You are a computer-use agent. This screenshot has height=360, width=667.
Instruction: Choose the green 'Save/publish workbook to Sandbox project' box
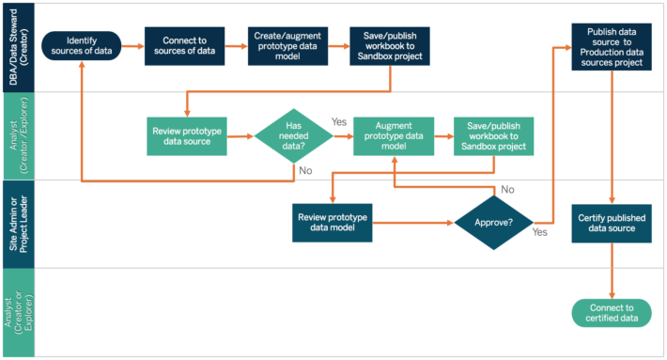493,136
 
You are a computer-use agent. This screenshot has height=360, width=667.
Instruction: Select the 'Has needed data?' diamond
293,136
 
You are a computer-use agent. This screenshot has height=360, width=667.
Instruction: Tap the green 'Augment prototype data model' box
394,136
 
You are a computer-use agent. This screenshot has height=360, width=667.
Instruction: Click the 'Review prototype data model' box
333,223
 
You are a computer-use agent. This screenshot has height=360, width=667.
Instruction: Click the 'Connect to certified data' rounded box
613,313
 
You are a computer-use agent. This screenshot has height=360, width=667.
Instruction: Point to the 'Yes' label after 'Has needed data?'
340,122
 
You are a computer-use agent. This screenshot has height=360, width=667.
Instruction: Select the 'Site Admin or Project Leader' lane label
18,224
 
